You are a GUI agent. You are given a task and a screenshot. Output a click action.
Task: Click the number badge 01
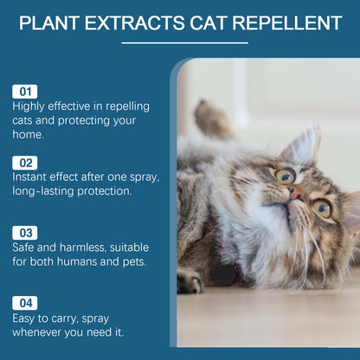pos(25,91)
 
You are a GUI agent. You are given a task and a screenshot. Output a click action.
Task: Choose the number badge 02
pos(25,162)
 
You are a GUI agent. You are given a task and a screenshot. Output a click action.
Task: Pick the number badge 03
pos(25,233)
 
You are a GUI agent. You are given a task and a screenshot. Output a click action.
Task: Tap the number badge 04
pos(25,303)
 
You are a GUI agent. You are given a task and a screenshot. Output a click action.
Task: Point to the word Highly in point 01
pos(29,106)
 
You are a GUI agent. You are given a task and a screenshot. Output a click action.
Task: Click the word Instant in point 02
pos(33,176)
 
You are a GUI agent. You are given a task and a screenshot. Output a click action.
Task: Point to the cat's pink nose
pos(296,192)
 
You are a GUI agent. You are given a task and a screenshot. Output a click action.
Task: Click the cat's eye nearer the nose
pos(284,176)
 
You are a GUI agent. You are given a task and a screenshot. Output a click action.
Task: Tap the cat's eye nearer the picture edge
pos(322,207)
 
